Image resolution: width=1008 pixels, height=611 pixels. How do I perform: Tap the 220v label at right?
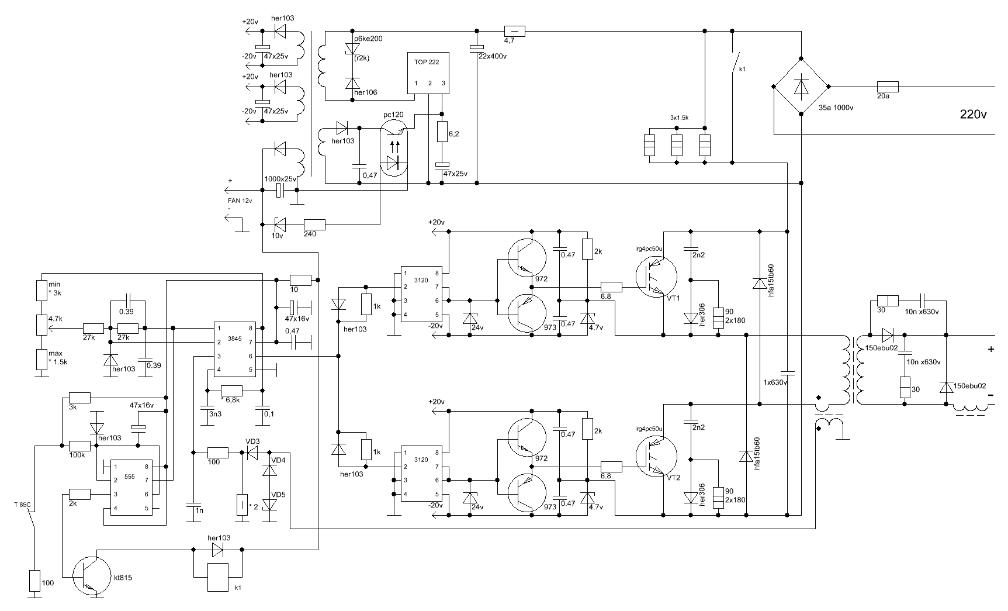coord(973,115)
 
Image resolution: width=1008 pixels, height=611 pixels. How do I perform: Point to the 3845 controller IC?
coord(234,348)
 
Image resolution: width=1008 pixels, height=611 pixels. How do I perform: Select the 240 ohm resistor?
coord(315,224)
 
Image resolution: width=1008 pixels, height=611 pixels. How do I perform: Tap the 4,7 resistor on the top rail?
coord(515,32)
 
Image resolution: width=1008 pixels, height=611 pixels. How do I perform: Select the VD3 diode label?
coord(253,441)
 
